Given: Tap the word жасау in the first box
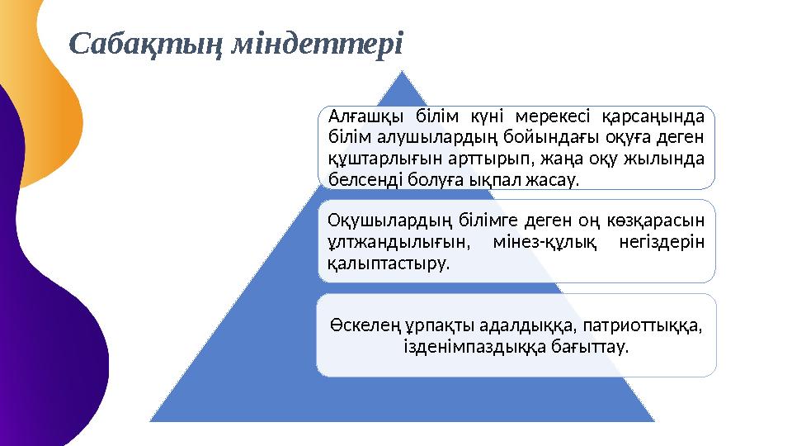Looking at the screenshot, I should [554, 178].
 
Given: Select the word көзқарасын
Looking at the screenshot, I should [665, 221].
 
